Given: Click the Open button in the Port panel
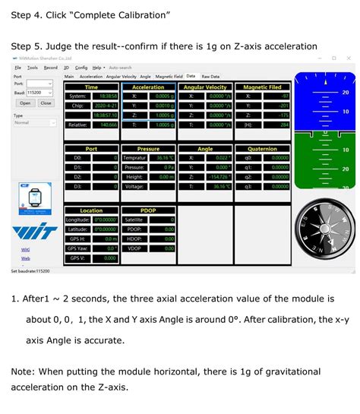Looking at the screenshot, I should [25, 103].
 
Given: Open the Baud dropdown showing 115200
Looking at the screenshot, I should [40, 92].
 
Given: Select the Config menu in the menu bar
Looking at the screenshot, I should [81, 68].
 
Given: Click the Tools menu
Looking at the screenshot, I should [33, 68].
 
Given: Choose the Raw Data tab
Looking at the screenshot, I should [210, 76].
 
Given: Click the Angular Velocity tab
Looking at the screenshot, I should [121, 76].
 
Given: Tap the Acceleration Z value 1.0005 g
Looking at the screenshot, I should [160, 114].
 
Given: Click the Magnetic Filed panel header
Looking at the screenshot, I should [262, 87].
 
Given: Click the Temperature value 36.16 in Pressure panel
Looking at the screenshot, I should [160, 158].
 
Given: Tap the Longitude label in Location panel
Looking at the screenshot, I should [78, 220].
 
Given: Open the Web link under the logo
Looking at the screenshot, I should [25, 258].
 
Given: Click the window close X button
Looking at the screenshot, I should [351, 58].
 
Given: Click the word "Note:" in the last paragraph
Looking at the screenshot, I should [27, 371].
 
